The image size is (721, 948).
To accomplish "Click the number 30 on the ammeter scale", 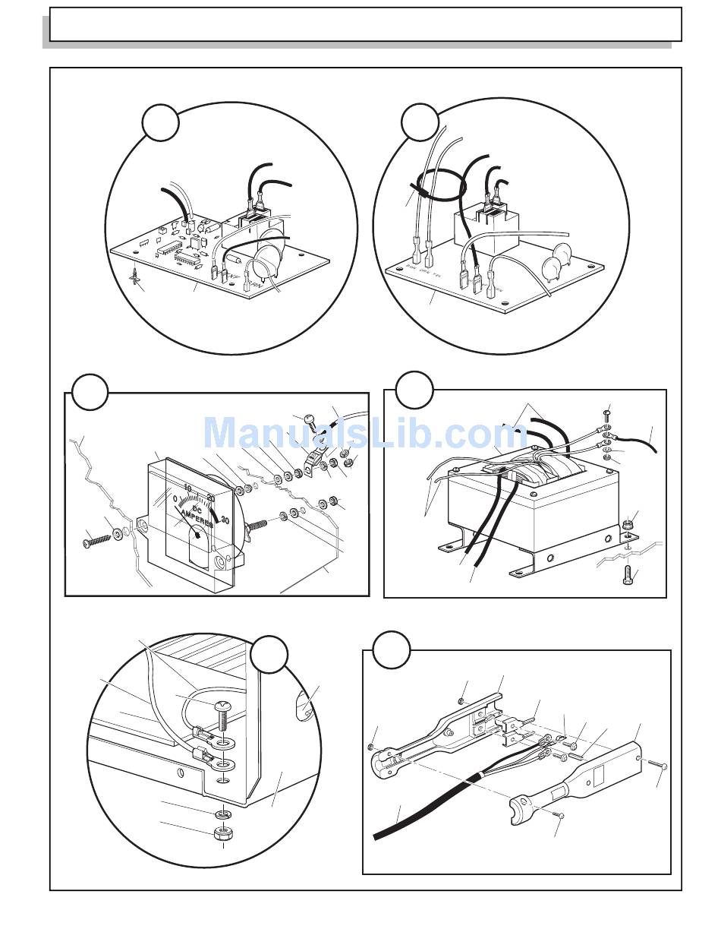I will pos(225,521).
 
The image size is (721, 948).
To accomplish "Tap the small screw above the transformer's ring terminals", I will pos(606,415).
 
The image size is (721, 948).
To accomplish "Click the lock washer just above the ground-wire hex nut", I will pos(222,814).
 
